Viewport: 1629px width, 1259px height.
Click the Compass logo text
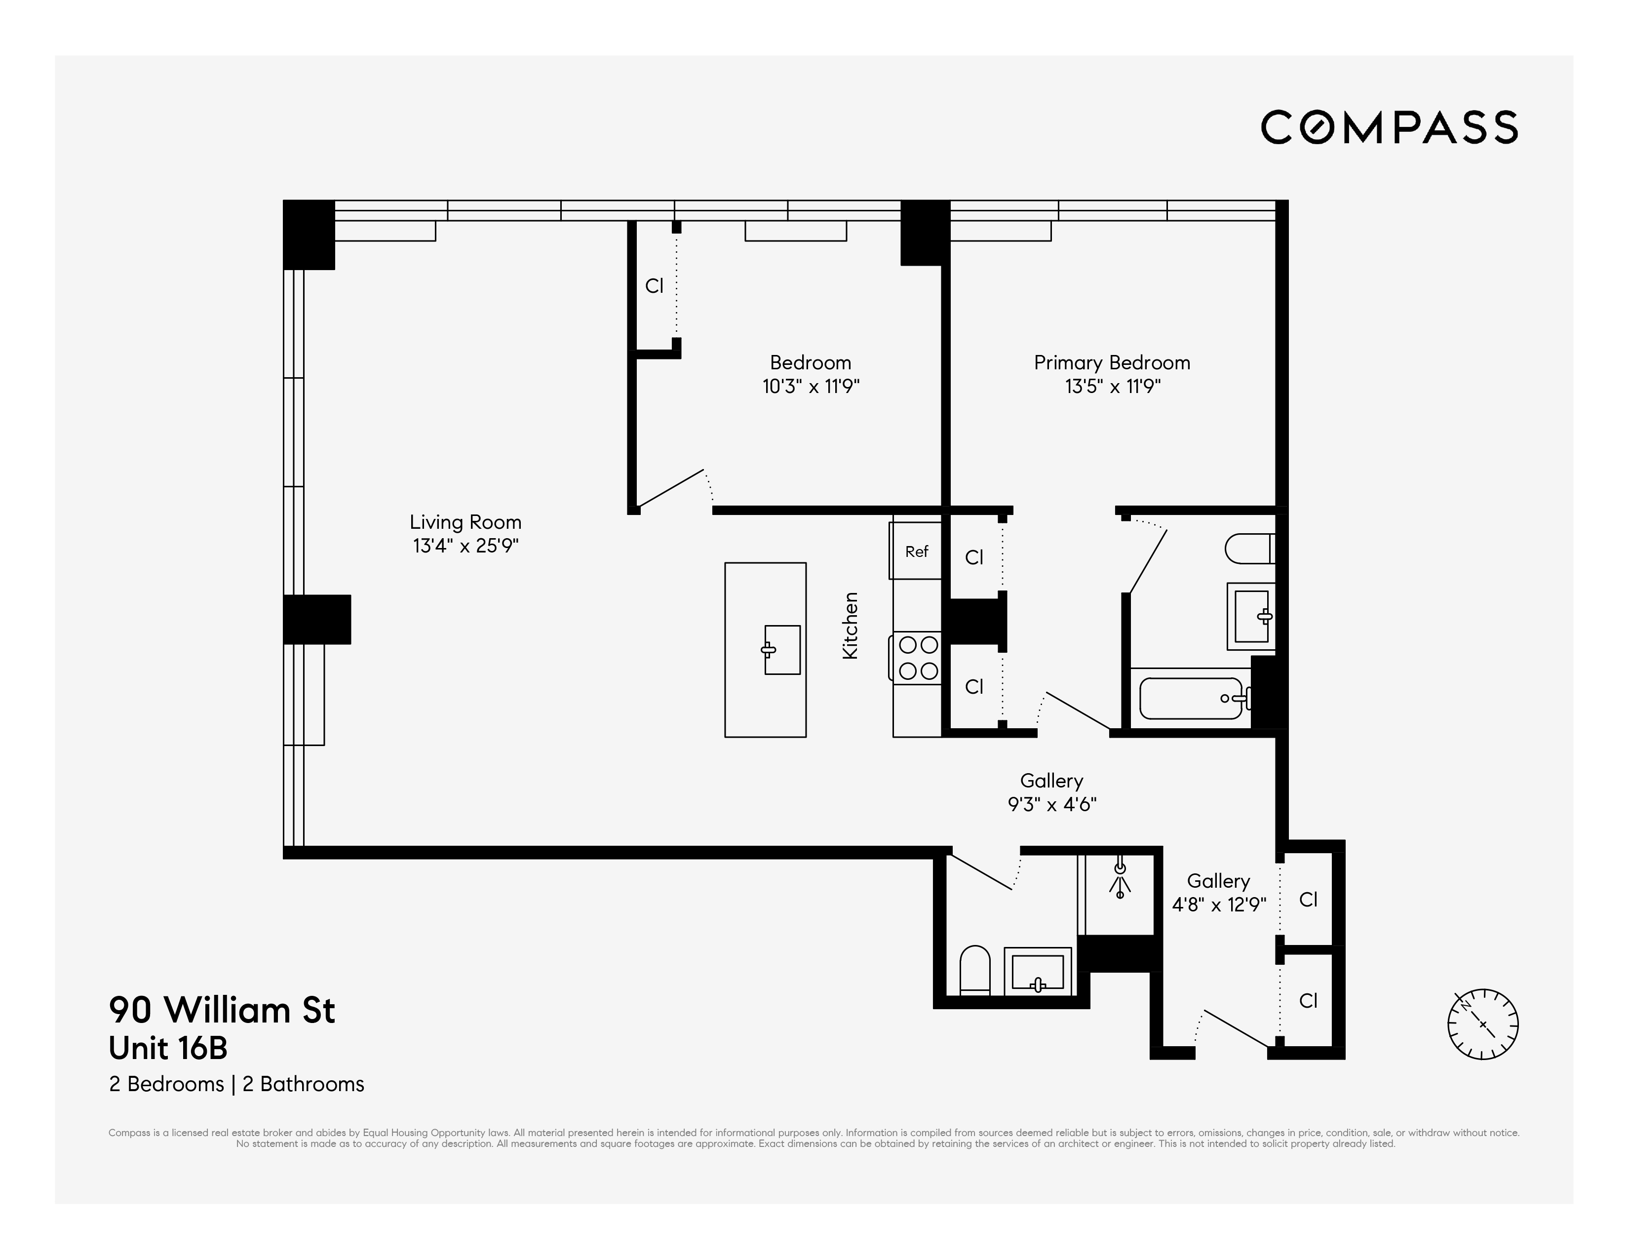click(1389, 127)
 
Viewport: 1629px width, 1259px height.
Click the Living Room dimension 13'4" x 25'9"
click(465, 546)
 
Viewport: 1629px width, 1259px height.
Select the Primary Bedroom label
click(1111, 362)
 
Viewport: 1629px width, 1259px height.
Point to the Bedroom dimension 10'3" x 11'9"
click(811, 387)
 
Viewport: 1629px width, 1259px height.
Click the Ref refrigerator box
click(916, 551)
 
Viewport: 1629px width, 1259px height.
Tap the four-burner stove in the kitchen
click(918, 657)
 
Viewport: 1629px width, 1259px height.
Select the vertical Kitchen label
click(851, 625)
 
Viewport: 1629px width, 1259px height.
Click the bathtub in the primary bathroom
click(1191, 698)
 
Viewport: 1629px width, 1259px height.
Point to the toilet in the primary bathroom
click(1249, 548)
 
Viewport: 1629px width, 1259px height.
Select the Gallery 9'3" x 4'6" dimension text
click(1051, 804)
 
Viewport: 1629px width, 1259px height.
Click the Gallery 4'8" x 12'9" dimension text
click(1219, 905)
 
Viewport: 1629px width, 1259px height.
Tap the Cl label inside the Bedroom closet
click(654, 286)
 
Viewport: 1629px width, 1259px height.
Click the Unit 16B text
click(168, 1048)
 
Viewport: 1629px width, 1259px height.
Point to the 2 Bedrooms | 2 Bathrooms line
click(236, 1084)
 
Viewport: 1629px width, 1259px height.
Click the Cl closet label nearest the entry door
click(1308, 1000)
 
